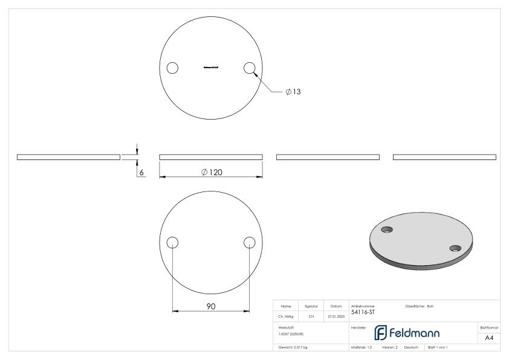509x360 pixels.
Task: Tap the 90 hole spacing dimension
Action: tap(211, 307)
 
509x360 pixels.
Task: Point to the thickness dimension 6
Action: tap(141, 173)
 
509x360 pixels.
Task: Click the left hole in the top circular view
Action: tap(172, 68)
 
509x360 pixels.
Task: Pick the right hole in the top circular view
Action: tap(249, 68)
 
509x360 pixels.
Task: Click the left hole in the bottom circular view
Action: tap(172, 242)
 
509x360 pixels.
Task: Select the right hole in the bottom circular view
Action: tap(249, 242)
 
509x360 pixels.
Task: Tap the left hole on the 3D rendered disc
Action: tap(387, 228)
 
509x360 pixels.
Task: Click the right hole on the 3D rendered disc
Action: tap(455, 247)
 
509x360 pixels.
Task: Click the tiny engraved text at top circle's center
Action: tap(210, 68)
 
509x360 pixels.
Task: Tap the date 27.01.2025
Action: tap(336, 316)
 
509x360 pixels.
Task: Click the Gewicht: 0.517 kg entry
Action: tap(293, 349)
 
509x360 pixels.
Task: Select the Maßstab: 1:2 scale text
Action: tap(361, 349)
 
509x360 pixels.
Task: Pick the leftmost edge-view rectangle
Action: tap(68, 157)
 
